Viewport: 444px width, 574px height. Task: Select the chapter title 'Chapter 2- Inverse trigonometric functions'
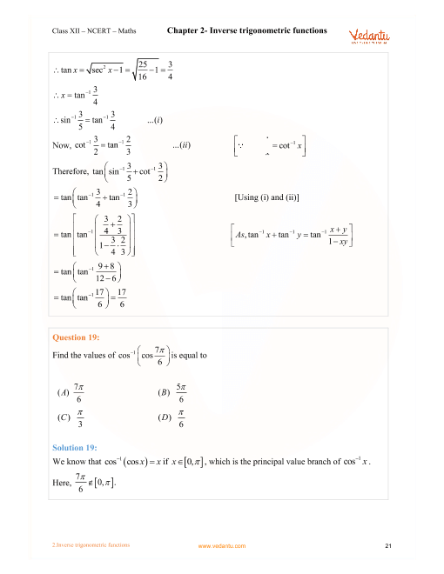pos(246,30)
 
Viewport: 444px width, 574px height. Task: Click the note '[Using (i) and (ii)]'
pos(273,198)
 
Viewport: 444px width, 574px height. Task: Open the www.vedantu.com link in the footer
pos(222,546)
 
